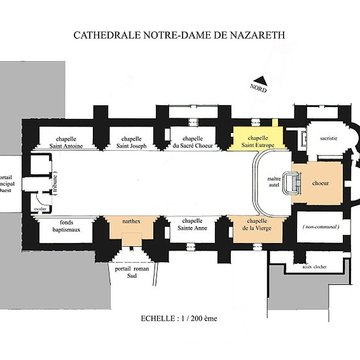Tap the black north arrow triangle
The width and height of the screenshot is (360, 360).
tap(260, 80)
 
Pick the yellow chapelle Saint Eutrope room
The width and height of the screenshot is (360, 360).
tap(257, 141)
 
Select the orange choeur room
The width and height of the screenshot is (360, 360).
tap(320, 183)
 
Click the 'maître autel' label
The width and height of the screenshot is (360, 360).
tap(273, 183)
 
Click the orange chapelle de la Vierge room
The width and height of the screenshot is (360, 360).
tap(257, 228)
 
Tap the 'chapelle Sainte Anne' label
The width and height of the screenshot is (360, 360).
tap(192, 227)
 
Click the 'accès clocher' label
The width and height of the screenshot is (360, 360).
tap(313, 268)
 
